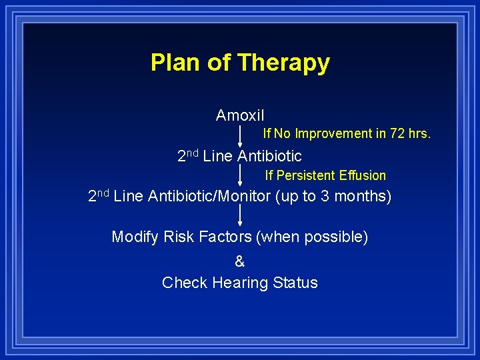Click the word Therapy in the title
tap(283, 63)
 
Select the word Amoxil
tap(240, 115)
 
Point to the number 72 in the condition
tap(398, 133)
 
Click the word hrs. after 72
tap(420, 133)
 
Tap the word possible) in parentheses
tap(340, 237)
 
